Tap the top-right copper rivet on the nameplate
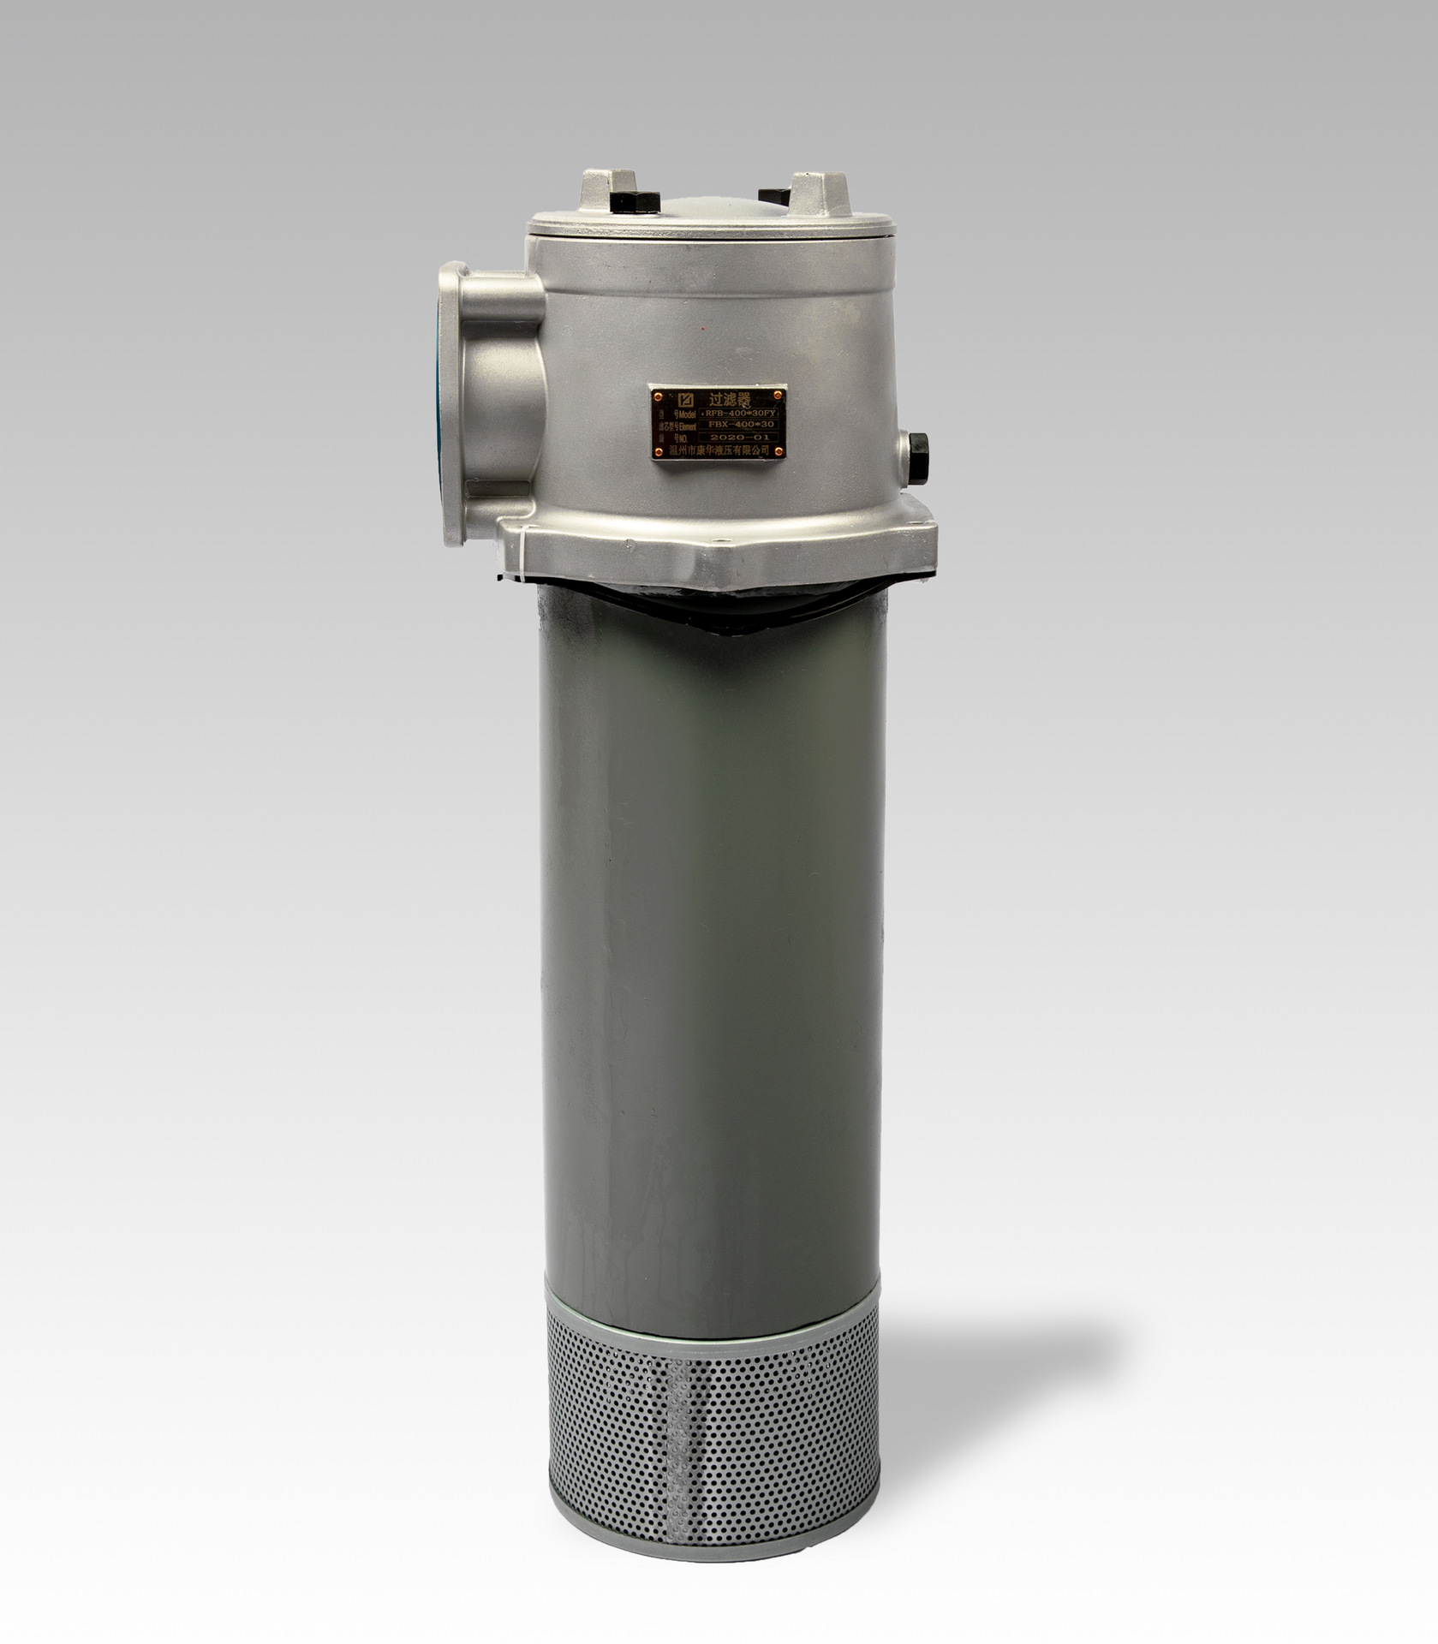click(778, 395)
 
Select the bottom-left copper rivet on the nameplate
click(659, 452)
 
